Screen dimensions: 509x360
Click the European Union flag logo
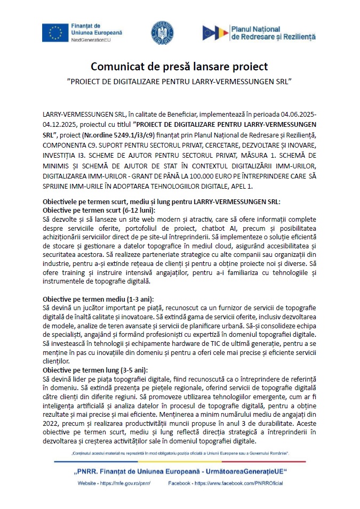[x=55, y=33]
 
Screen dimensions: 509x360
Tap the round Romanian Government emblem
[x=162, y=33]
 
